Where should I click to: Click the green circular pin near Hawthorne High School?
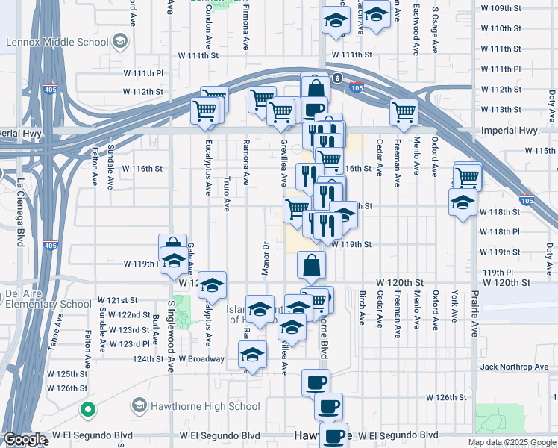(88, 410)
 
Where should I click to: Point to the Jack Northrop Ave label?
(515, 367)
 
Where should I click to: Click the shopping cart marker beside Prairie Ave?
(468, 177)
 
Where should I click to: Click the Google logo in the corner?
(25, 439)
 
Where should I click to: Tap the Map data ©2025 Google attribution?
(511, 442)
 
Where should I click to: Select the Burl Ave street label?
(155, 329)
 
